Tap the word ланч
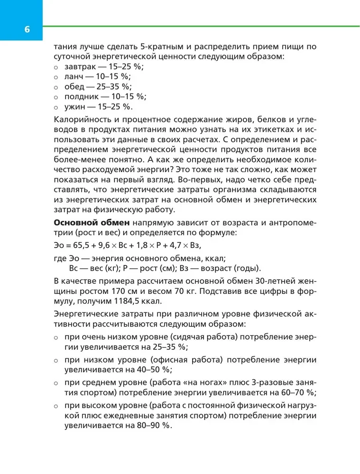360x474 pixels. (x=73, y=77)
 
